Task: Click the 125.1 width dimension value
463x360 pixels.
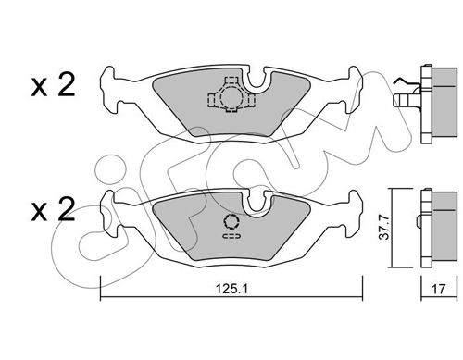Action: (231, 289)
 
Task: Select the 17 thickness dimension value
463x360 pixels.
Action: (438, 289)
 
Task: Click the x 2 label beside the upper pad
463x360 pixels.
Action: (53, 85)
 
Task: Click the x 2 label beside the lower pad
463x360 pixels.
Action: (53, 209)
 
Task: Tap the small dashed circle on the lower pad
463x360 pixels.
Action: (231, 221)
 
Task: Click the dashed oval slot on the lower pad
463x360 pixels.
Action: (231, 236)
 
